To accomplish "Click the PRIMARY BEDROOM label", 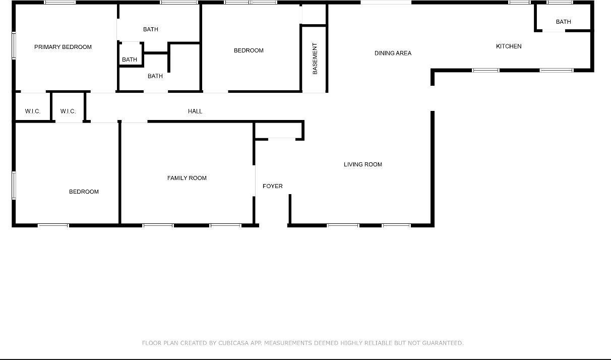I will pyautogui.click(x=63, y=47).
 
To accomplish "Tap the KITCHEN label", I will pyautogui.click(x=509, y=46).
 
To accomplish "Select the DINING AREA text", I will pyautogui.click(x=393, y=53).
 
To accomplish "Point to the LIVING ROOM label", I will pyautogui.click(x=362, y=164).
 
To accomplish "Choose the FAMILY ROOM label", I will pyautogui.click(x=187, y=178).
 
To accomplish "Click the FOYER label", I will pyautogui.click(x=272, y=187).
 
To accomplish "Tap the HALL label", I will pyautogui.click(x=195, y=111).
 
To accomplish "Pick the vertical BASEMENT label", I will pyautogui.click(x=315, y=59).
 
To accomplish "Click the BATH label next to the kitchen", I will pyautogui.click(x=563, y=22).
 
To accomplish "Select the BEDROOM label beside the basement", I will pyautogui.click(x=249, y=50).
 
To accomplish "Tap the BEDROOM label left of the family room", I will pyautogui.click(x=84, y=192).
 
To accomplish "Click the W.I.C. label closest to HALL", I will pyautogui.click(x=68, y=111).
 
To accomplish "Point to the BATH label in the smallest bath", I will pyautogui.click(x=130, y=59).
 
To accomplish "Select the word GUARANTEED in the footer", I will pyautogui.click(x=442, y=343).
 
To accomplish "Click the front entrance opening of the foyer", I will pyautogui.click(x=273, y=225).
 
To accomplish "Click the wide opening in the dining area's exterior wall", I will pyautogui.click(x=386, y=3).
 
